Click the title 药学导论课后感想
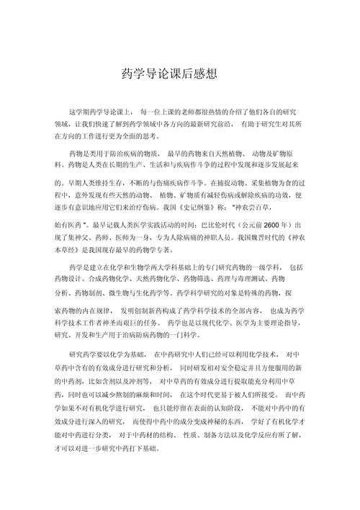180,74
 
